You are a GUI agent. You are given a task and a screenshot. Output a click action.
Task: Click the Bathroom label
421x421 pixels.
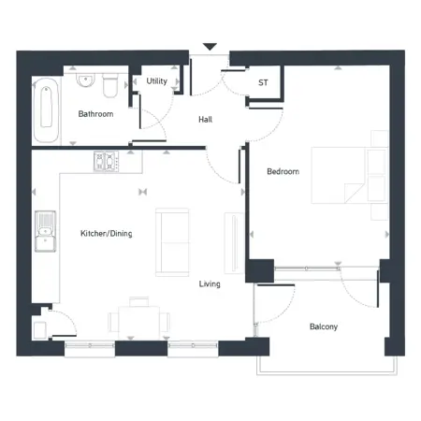[95, 114]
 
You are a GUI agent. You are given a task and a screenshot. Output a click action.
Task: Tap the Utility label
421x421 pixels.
[157, 81]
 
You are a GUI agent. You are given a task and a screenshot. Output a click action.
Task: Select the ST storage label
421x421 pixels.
[263, 82]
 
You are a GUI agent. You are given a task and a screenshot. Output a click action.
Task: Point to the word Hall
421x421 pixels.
[207, 121]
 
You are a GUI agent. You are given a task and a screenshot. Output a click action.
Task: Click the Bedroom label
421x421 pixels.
[283, 171]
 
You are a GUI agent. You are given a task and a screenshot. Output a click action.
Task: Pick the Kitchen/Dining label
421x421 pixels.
[106, 233]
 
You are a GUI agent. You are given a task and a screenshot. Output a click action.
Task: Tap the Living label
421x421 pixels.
[210, 283]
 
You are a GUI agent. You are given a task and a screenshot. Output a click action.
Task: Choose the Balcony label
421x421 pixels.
[323, 327]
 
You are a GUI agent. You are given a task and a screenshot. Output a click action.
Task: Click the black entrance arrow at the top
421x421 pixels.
[210, 47]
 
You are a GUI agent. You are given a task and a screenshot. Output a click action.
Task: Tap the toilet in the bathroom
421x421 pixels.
[111, 84]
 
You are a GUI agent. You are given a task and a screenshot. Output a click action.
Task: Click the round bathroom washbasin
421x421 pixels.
[85, 80]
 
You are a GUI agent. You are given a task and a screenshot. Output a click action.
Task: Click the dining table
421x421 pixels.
[138, 318]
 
